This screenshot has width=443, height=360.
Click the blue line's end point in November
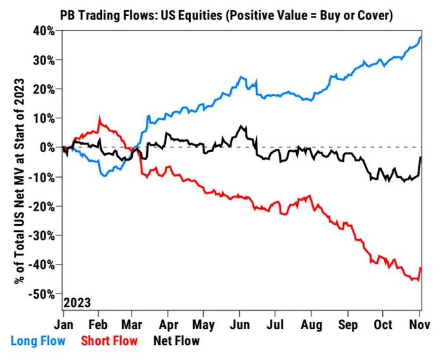tap(421, 37)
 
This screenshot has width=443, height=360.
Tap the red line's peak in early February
tap(99, 118)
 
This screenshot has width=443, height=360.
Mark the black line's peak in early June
tap(241, 126)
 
